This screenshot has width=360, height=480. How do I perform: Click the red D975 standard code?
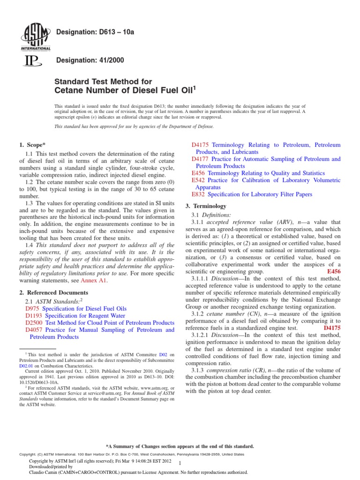pyautogui.click(x=32, y=309)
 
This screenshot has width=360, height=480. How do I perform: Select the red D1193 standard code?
pyautogui.click(x=34, y=316)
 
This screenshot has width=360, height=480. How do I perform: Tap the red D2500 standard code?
pyautogui.click(x=34, y=323)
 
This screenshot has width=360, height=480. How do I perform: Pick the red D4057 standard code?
pyautogui.click(x=34, y=330)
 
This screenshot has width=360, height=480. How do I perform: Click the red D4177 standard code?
pyautogui.click(x=200, y=159)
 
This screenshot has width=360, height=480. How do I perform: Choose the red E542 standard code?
pyautogui.click(x=199, y=180)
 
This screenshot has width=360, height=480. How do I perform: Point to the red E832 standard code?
pyautogui.click(x=199, y=194)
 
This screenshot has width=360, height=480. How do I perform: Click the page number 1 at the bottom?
pyautogui.click(x=180, y=462)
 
